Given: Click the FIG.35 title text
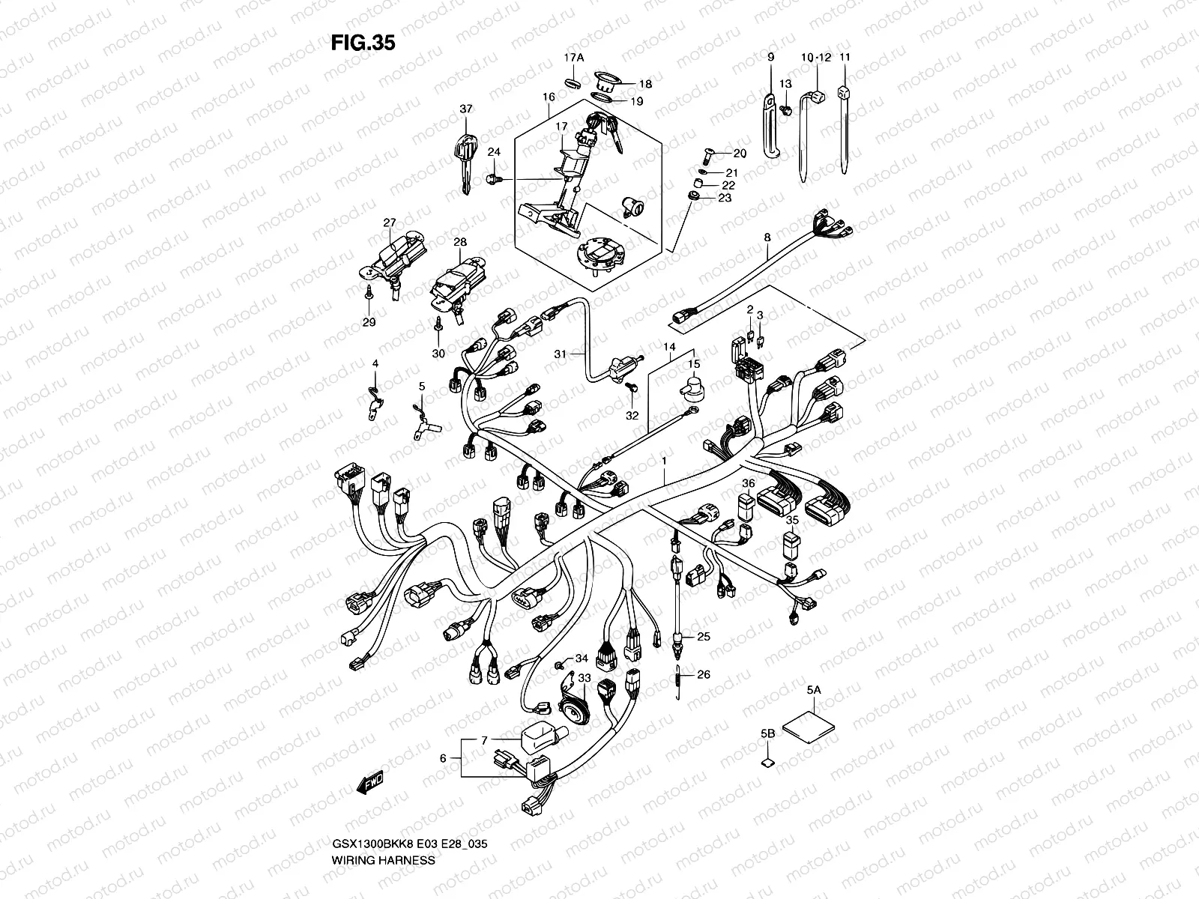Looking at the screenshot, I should (x=363, y=43).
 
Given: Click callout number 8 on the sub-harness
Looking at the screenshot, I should (x=767, y=237).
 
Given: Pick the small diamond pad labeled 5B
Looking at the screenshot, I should (x=767, y=763).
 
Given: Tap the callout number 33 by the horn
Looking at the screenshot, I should (x=584, y=678).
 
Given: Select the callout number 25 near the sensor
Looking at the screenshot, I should (x=702, y=637).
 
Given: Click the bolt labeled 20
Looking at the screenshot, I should (x=708, y=155).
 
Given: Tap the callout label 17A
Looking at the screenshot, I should (x=573, y=57).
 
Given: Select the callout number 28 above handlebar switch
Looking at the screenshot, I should (x=460, y=242).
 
